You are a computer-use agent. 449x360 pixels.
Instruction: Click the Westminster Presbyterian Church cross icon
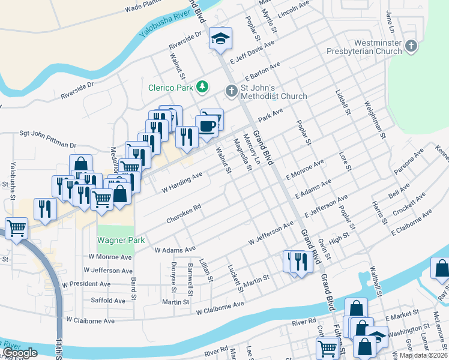[x=411, y=46]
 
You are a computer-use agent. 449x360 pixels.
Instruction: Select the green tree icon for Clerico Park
[x=202, y=88]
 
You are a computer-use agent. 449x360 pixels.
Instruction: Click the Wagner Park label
[x=121, y=240]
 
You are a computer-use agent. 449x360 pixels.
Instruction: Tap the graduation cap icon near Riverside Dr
[x=220, y=39]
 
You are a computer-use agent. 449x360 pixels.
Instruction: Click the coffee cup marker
[x=207, y=126]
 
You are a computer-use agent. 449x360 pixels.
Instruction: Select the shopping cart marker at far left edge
[x=16, y=227]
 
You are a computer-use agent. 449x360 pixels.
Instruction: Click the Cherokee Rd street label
[x=184, y=210]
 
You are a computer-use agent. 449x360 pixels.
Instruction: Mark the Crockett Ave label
[x=409, y=204]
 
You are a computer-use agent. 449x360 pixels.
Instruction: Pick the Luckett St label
[x=235, y=277]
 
